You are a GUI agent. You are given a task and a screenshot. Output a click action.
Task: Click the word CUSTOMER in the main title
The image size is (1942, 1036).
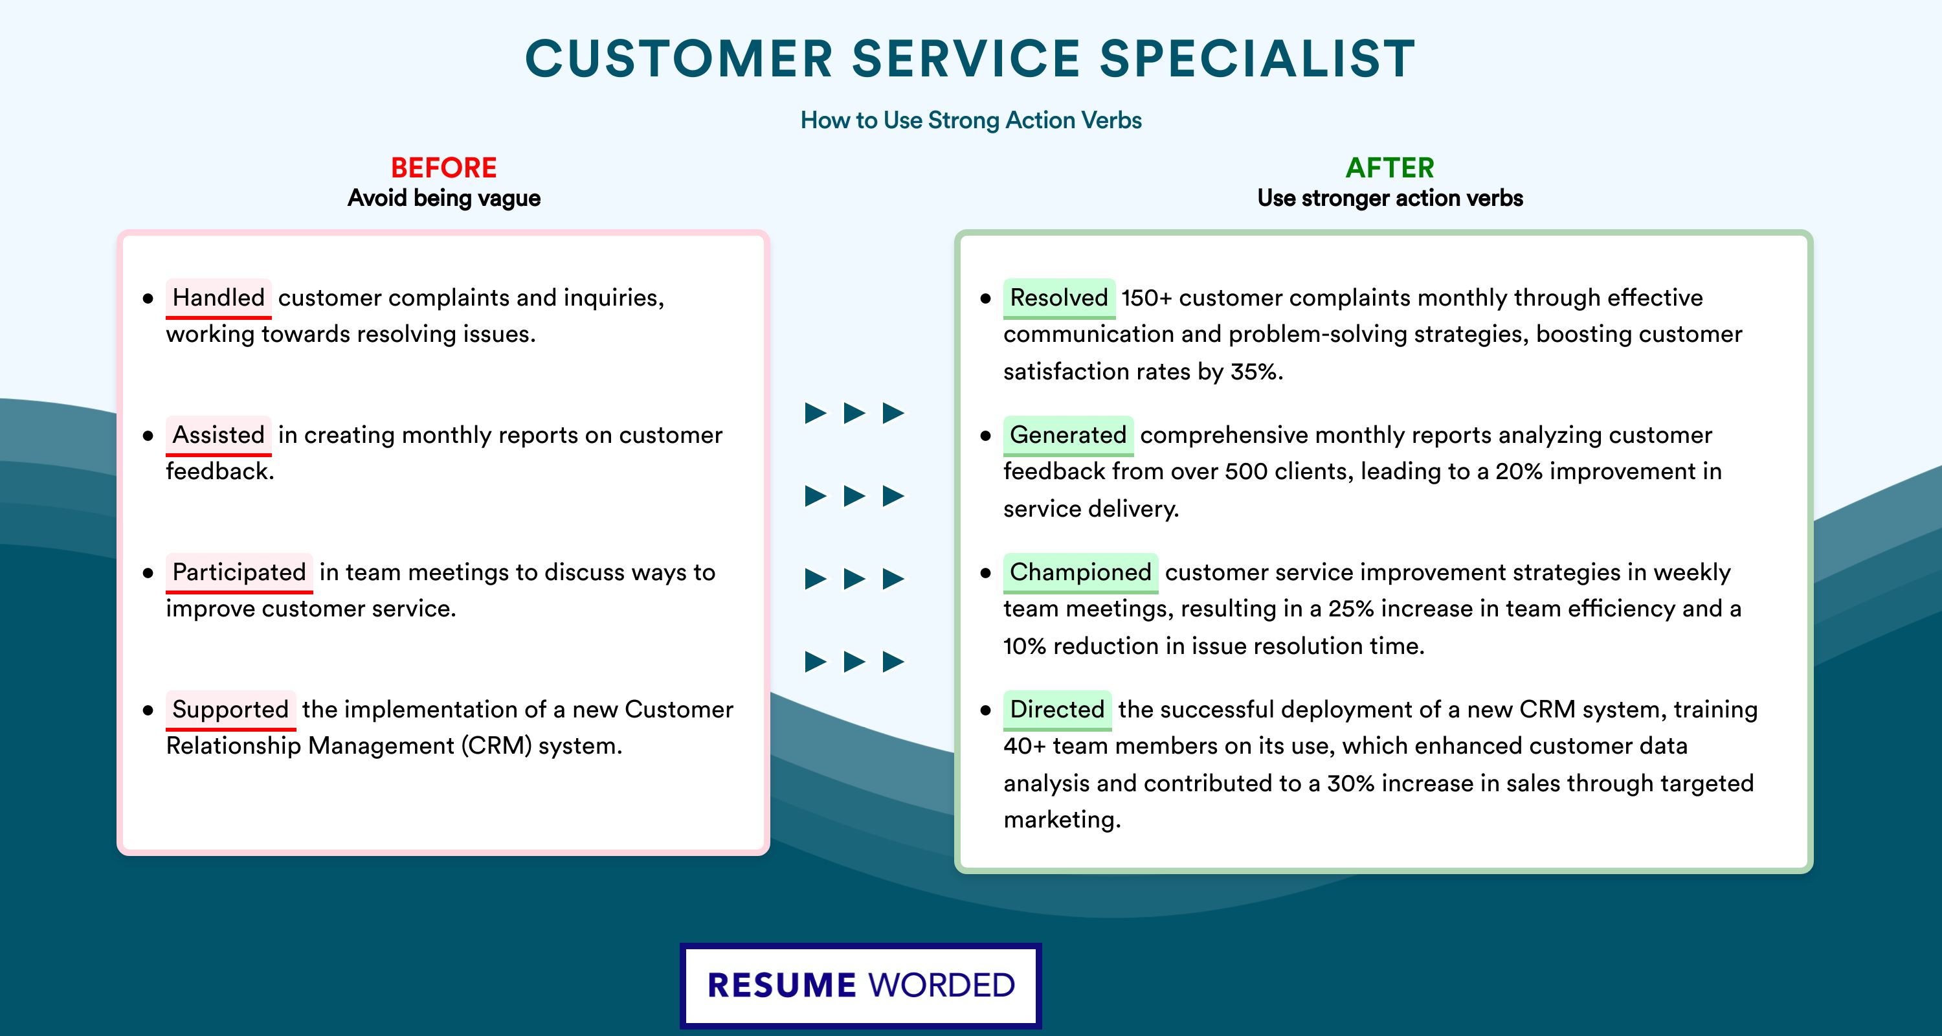coord(679,59)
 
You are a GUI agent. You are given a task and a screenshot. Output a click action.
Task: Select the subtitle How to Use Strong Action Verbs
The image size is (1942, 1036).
coord(971,120)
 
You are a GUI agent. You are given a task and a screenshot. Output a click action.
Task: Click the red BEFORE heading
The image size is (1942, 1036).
coord(444,168)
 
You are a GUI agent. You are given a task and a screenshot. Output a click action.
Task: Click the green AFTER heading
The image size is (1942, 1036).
coord(1390,168)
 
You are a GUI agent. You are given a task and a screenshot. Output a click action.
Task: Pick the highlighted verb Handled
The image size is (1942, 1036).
coord(219,298)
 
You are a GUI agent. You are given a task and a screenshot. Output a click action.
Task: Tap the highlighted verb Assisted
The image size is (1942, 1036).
coord(219,435)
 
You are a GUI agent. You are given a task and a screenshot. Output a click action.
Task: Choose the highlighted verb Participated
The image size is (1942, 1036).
coord(239,572)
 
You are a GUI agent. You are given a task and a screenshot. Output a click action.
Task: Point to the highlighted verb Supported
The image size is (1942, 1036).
coord(230,710)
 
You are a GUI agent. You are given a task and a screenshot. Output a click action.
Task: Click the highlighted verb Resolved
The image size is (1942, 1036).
coord(1059,298)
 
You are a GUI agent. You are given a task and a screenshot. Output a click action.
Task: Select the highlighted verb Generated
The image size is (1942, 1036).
coord(1068,435)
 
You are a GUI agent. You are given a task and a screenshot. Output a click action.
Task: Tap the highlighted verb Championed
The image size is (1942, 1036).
coord(1080,572)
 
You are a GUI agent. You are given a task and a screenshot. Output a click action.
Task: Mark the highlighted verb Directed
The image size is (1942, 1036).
coord(1057,710)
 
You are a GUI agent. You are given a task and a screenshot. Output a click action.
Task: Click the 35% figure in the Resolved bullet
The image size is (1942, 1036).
coord(1256,372)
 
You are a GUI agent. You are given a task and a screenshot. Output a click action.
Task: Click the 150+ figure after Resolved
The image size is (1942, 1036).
coord(1146,298)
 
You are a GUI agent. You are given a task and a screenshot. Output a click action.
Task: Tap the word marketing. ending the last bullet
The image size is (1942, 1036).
coord(1062,820)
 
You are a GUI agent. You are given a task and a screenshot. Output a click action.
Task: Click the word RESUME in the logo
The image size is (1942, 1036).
coord(782,985)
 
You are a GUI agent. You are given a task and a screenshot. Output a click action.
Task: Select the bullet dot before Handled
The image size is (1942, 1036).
coord(148,299)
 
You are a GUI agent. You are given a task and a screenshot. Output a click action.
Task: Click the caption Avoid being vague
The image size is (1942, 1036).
coord(444,198)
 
